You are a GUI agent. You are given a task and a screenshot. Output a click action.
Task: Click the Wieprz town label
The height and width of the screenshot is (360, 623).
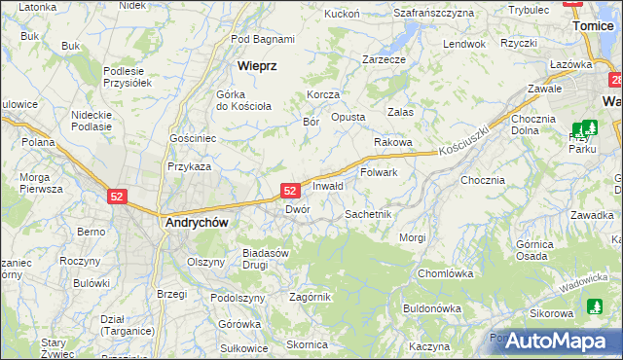(x=258, y=66)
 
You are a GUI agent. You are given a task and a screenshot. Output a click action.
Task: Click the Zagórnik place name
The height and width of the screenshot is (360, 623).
(x=311, y=297)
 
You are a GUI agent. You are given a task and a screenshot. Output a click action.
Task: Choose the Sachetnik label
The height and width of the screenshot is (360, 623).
(x=369, y=213)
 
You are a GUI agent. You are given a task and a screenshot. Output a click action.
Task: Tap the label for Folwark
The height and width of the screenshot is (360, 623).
(x=379, y=172)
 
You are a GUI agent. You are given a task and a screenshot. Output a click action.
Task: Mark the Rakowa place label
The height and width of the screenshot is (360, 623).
(x=393, y=142)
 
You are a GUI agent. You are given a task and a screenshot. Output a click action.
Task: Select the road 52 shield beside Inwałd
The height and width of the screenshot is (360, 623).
(x=290, y=191)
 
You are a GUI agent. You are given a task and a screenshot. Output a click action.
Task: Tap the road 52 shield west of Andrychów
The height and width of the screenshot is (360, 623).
(x=117, y=197)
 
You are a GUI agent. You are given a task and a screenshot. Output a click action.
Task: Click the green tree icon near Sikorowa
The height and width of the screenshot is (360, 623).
(x=595, y=307)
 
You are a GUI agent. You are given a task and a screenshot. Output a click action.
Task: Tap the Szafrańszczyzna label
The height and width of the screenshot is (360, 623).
(x=433, y=13)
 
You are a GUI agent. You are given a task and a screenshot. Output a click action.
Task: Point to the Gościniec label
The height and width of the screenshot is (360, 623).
(x=193, y=139)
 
